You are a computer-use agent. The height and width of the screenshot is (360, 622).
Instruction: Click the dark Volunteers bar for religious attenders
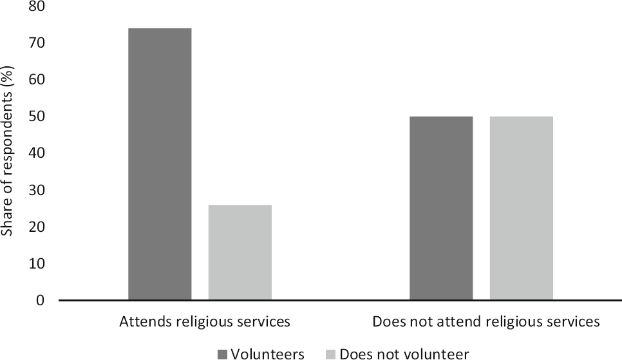click(x=160, y=164)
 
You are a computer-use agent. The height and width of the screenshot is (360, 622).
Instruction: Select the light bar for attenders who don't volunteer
click(x=240, y=252)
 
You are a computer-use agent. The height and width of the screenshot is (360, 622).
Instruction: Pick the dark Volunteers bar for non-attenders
click(x=441, y=208)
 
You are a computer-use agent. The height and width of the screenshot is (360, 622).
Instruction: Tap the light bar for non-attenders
click(x=521, y=208)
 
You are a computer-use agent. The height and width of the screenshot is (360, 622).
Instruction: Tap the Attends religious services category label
click(x=205, y=321)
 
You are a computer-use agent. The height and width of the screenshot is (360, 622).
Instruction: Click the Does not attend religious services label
click(x=486, y=321)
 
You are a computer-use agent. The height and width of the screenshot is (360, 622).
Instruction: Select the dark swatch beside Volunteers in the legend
click(x=223, y=354)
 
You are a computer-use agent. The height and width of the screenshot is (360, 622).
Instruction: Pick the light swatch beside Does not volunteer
click(x=332, y=354)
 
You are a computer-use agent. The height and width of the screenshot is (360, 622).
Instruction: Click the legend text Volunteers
click(x=267, y=354)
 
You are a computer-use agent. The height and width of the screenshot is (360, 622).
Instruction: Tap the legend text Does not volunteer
click(x=404, y=354)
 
